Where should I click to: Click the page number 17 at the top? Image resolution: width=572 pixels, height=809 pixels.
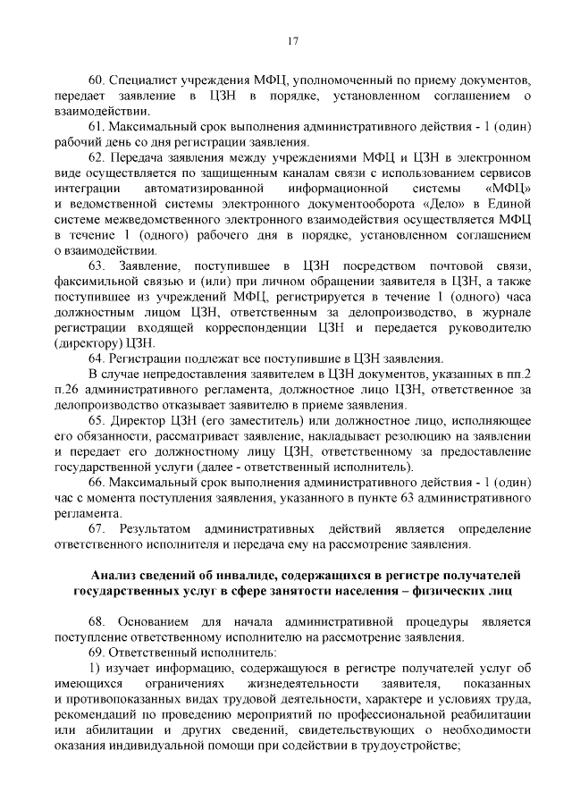(x=291, y=40)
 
